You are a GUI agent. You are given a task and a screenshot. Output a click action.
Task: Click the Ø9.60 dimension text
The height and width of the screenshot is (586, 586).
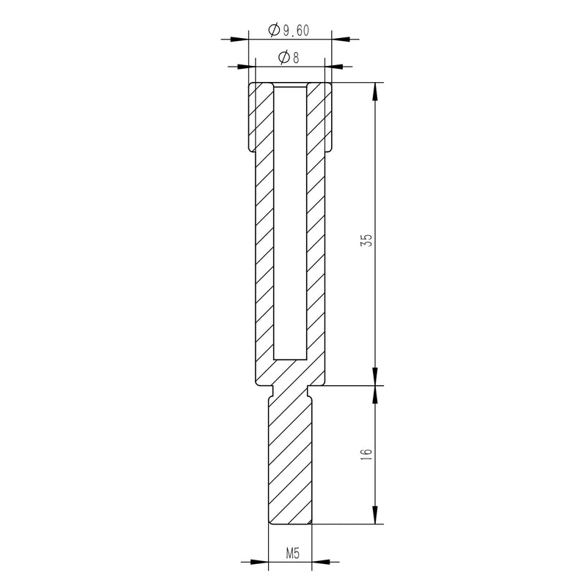[289, 30]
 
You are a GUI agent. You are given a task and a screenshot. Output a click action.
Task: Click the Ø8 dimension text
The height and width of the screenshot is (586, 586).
[289, 59]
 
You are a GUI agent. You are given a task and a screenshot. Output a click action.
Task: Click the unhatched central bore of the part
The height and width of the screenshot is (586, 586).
[290, 220]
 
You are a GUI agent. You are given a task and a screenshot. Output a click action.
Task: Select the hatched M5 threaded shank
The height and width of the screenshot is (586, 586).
[290, 461]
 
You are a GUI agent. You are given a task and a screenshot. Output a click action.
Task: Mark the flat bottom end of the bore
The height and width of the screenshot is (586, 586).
[290, 360]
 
